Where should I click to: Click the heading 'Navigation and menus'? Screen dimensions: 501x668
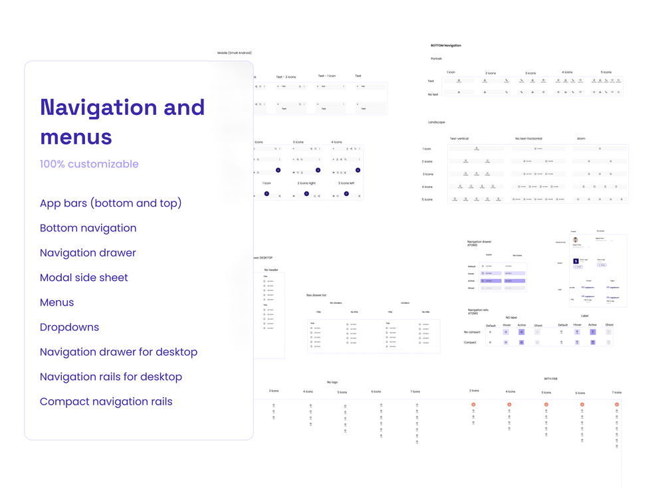point(122,122)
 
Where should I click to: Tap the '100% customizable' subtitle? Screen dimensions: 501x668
point(89,164)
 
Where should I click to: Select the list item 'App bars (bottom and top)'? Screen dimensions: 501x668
point(110,203)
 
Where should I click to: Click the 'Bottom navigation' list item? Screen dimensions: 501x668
point(88,228)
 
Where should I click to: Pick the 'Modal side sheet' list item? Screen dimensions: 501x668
point(84,278)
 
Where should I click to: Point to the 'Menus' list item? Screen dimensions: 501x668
point(56,302)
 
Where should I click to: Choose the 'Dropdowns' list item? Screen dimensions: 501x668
point(69,327)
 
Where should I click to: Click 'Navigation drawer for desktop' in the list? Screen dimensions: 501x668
point(118,352)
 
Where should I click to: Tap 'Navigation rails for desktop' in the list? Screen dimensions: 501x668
point(110,377)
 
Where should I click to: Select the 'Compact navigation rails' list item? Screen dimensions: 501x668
point(106,401)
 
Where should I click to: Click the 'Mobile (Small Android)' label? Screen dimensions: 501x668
point(235,53)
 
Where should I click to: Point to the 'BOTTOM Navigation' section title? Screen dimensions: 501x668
point(445,46)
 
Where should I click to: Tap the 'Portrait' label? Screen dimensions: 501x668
point(436,59)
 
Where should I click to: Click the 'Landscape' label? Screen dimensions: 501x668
point(437,122)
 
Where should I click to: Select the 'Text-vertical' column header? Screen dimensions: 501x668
point(459,139)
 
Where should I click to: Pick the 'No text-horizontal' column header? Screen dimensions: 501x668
point(530,139)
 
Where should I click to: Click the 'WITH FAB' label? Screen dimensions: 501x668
point(550,379)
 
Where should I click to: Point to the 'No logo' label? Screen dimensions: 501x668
point(332,382)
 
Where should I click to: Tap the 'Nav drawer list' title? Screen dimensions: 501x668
point(316,295)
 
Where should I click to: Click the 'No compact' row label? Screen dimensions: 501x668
point(472,332)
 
